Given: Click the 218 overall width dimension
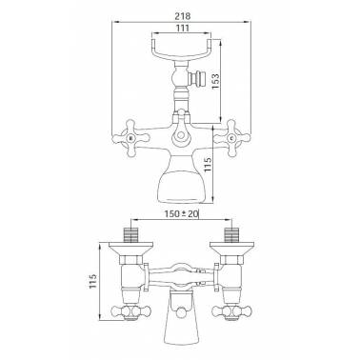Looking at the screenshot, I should tap(180, 13).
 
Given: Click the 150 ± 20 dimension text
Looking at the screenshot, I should tap(181, 215).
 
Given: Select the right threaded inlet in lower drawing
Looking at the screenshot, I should tap(231, 234).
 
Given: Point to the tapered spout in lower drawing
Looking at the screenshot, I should tap(180, 324).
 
